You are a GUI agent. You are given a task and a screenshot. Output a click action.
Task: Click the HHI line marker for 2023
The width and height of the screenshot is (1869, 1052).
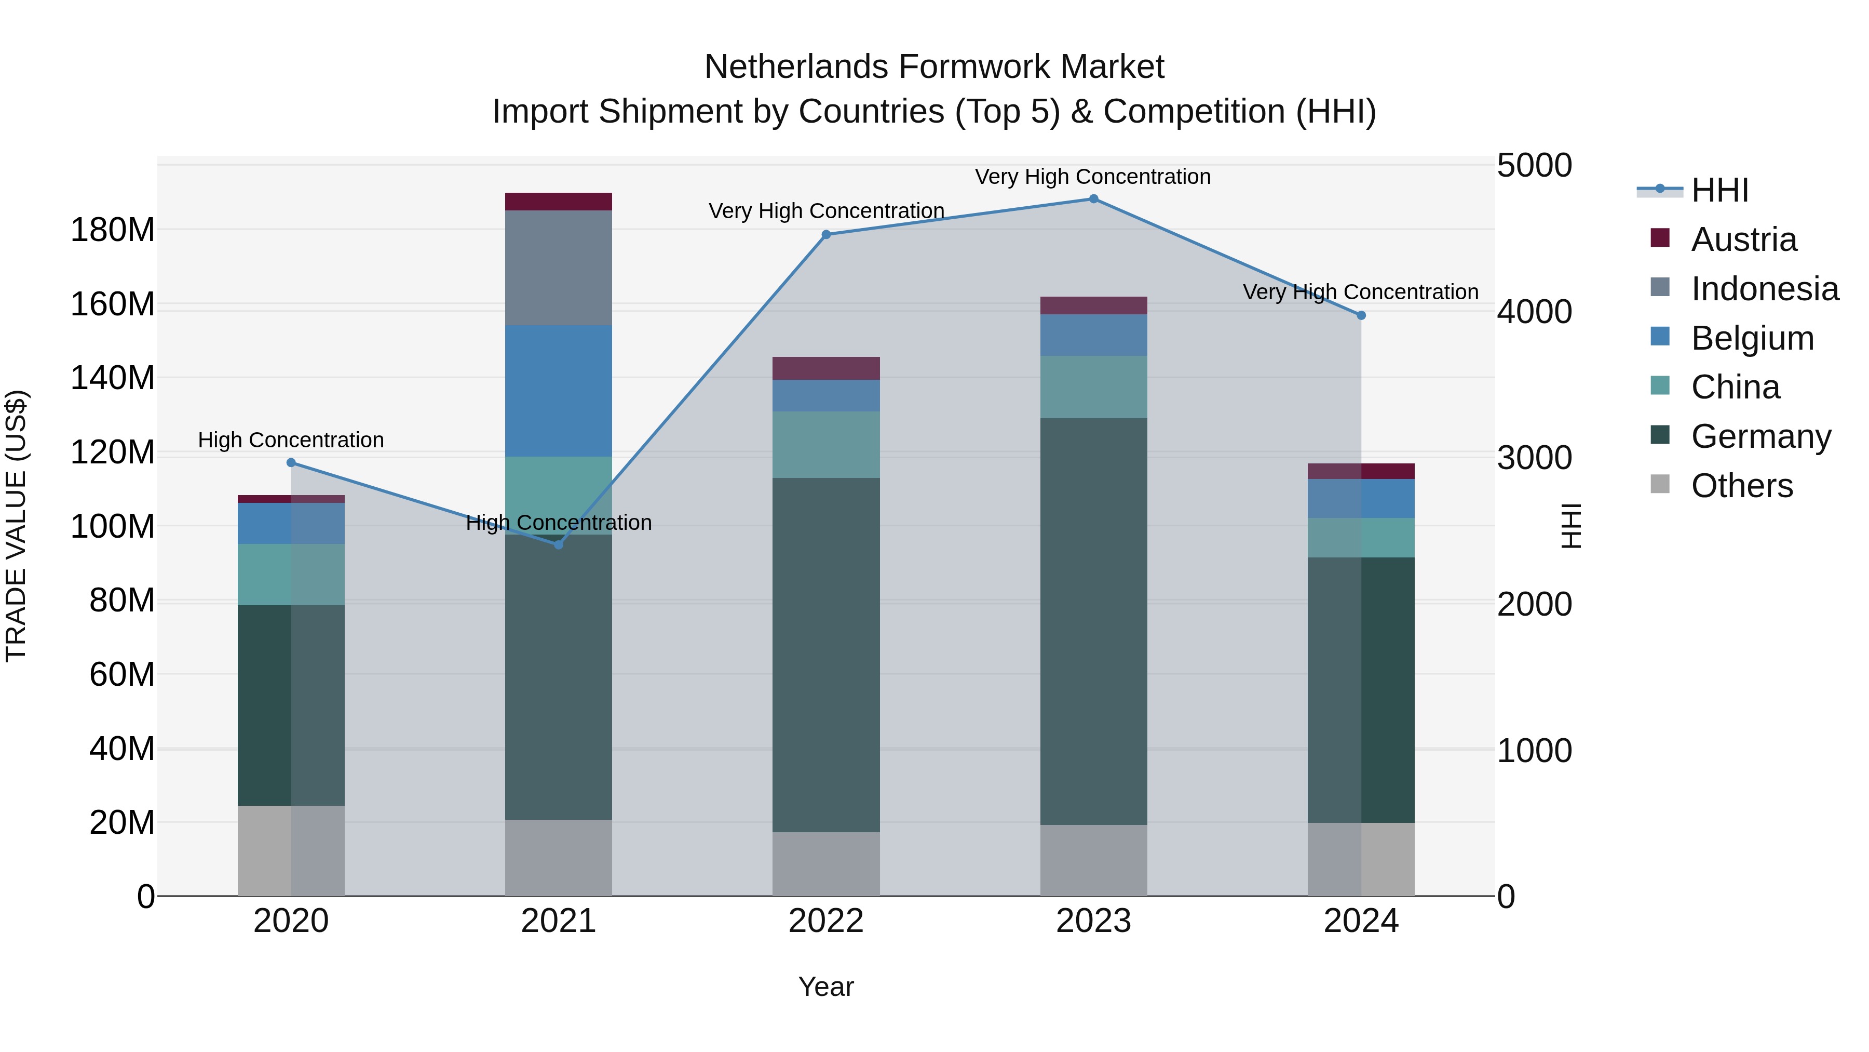tap(1093, 199)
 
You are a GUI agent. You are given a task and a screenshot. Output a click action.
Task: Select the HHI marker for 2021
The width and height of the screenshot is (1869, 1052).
tap(559, 544)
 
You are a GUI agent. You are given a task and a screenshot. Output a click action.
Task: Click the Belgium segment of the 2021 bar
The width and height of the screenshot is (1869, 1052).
tap(559, 391)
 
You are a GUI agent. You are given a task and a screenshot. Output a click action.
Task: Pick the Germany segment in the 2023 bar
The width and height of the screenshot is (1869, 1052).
tap(1093, 621)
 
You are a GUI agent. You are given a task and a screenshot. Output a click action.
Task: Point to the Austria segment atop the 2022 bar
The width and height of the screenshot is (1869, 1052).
tap(825, 368)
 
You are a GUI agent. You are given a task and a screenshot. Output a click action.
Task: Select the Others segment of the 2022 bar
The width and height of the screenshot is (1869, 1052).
tap(825, 864)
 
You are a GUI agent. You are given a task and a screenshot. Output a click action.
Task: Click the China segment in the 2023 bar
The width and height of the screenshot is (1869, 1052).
tap(1093, 387)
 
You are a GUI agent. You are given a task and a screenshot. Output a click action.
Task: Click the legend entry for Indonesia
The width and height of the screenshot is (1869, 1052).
tap(1764, 289)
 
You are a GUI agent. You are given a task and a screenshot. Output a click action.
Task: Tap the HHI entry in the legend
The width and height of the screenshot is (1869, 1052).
tap(1719, 190)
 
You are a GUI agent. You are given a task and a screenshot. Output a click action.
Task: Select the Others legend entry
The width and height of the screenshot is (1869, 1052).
tap(1741, 486)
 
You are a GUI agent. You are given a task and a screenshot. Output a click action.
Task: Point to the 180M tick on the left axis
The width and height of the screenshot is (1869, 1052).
tap(113, 230)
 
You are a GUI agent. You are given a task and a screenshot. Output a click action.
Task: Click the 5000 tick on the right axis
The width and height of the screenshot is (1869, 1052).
tap(1534, 166)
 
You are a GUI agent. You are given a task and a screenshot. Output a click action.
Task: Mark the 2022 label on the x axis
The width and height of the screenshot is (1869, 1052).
tap(825, 921)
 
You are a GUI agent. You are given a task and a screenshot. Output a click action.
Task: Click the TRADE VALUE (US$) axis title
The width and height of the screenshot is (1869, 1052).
tap(16, 526)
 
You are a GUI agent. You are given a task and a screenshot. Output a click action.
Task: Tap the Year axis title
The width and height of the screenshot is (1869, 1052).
tap(825, 987)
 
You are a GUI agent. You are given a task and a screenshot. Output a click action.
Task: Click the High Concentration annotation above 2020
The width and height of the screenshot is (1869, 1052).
tap(291, 440)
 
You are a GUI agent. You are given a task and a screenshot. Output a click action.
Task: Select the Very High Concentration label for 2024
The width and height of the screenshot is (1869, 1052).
tap(1360, 292)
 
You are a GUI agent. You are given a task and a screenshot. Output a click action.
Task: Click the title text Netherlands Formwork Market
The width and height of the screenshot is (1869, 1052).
tap(934, 67)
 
